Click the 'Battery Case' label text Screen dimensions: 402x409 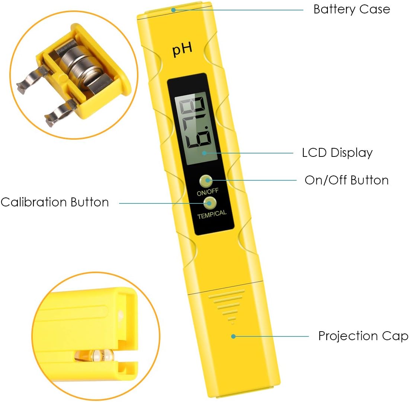pos(351,9)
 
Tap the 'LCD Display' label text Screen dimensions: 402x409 pos(337,153)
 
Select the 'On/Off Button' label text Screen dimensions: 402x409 pos(346,180)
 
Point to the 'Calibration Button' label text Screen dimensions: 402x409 pos(55,202)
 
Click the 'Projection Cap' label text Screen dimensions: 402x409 pos(363,336)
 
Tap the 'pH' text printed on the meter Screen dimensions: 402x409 pos(182,50)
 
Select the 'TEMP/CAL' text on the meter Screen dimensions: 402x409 pos(211,215)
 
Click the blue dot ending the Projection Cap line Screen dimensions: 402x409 pos(233,336)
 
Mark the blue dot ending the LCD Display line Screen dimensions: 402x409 pos(205,153)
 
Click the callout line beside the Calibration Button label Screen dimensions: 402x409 pos(160,203)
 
